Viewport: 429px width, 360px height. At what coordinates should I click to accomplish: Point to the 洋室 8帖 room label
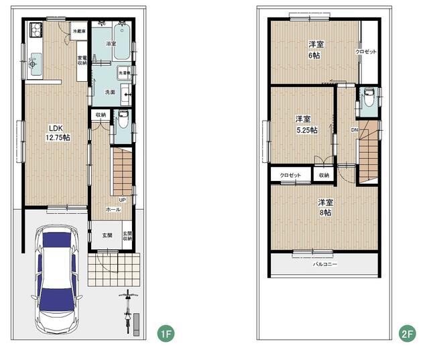click(x=325, y=206)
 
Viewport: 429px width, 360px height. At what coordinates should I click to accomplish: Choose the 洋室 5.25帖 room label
click(x=306, y=124)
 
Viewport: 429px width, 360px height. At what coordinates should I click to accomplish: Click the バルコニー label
click(x=325, y=263)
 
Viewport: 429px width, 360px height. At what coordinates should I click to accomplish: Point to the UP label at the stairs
click(x=122, y=199)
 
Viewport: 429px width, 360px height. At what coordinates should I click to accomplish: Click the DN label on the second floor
click(x=354, y=129)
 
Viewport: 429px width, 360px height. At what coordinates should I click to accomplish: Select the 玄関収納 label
click(x=127, y=235)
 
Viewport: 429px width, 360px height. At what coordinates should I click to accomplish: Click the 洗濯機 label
click(x=125, y=71)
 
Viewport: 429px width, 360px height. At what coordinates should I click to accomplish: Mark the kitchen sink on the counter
click(x=35, y=65)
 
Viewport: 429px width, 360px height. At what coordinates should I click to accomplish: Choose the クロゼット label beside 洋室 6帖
click(x=366, y=52)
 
